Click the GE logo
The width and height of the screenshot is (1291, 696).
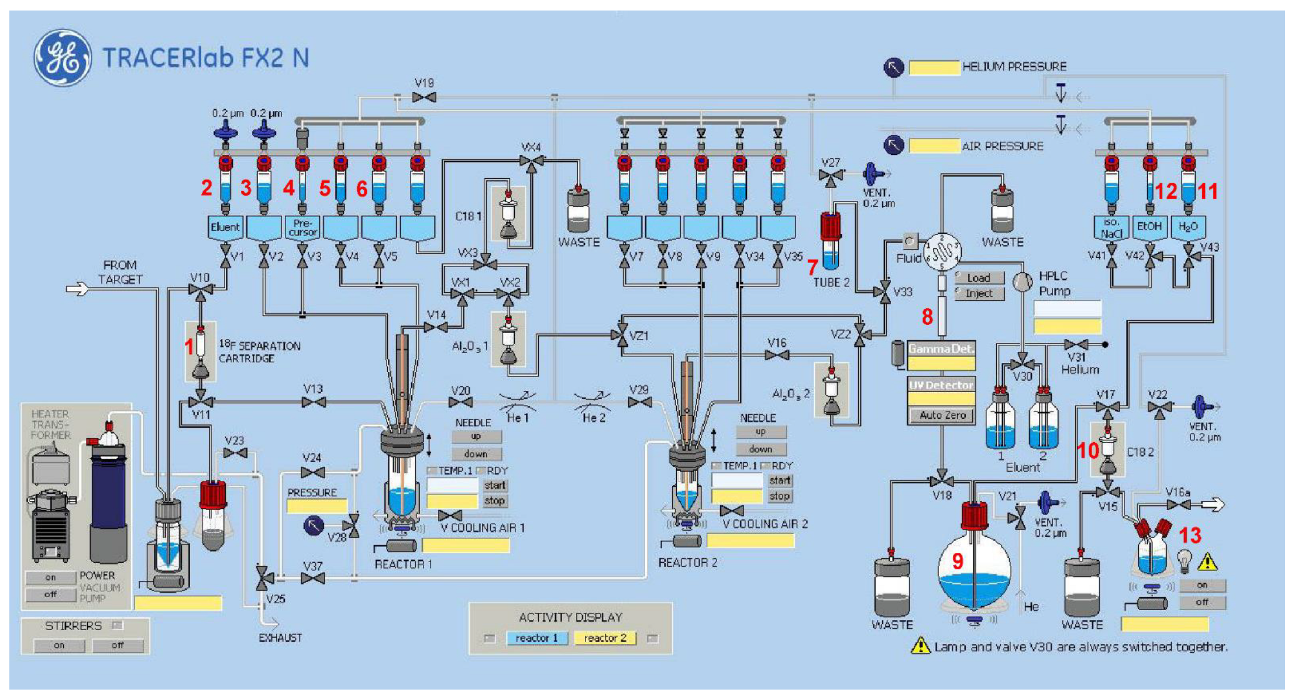pos(62,58)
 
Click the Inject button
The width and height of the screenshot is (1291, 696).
pos(979,293)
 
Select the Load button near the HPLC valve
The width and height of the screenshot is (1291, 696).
pos(979,278)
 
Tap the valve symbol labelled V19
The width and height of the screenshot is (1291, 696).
pos(424,97)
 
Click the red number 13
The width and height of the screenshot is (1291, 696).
pos(1190,535)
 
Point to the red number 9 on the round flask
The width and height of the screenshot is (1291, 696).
pos(957,561)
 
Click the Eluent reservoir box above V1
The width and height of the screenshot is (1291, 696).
pos(225,227)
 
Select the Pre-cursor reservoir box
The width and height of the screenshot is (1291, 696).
pos(302,227)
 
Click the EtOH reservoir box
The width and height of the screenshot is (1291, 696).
pos(1149,226)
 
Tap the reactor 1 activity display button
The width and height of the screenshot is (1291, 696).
pos(536,638)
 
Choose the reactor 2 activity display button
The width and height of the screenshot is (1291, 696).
pos(605,638)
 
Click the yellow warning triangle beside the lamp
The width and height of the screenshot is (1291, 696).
pos(1207,562)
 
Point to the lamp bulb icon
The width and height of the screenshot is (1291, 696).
pos(1185,560)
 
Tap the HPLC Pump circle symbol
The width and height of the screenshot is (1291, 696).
pos(1022,282)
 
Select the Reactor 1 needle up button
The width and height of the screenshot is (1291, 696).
pos(476,436)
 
